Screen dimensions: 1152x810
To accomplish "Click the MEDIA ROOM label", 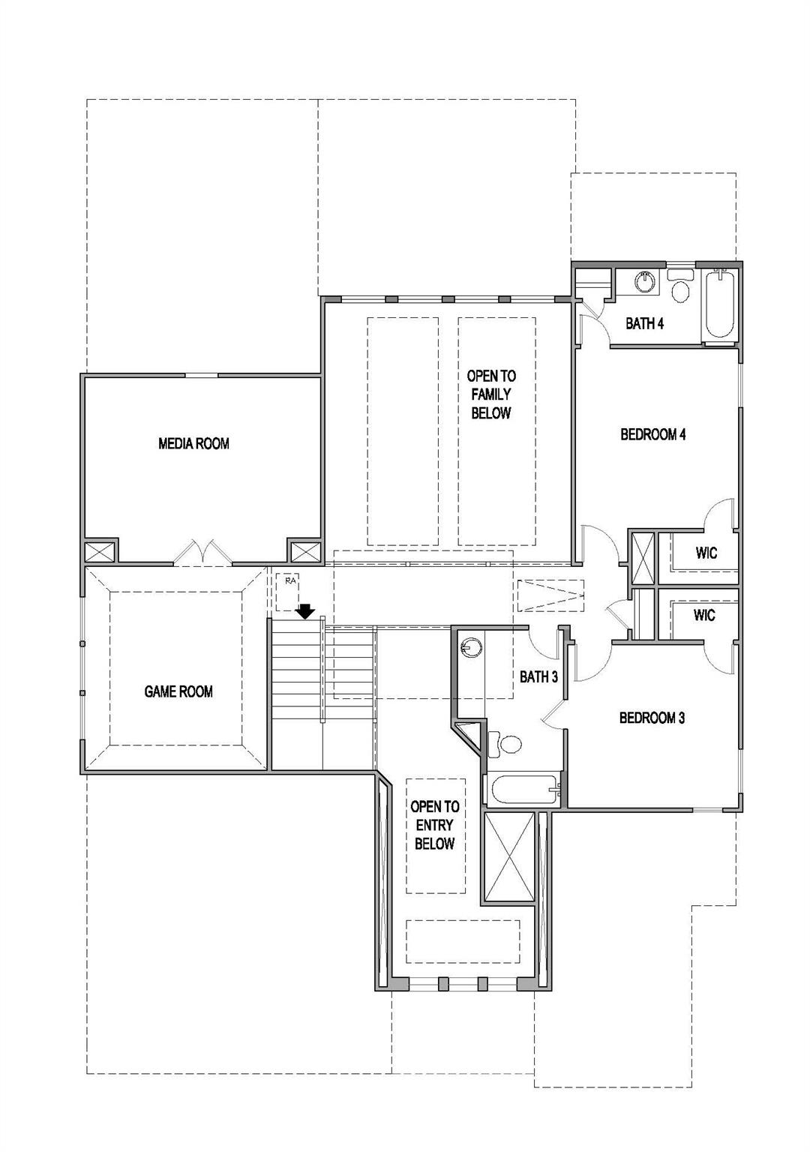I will tap(193, 443).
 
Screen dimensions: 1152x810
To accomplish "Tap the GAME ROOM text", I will tap(178, 691).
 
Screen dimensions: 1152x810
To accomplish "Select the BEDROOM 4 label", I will tap(653, 434).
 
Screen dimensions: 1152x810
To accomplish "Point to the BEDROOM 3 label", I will tap(652, 718).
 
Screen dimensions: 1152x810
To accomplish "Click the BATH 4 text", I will tap(645, 324).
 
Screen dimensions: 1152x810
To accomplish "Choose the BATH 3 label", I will tap(538, 677).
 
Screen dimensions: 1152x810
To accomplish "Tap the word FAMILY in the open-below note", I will tap(491, 394).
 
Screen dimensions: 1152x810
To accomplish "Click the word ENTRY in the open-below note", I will tap(435, 825).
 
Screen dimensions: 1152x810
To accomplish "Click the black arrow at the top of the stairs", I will tap(305, 611).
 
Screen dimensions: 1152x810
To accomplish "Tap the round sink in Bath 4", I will tap(645, 282).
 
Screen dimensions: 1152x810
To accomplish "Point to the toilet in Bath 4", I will tap(681, 289).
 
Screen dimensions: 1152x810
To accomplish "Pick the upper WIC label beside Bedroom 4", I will tap(706, 553).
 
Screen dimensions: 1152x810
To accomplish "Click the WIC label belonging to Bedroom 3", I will tap(704, 616).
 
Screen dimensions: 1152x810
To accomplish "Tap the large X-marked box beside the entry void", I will tap(511, 857).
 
